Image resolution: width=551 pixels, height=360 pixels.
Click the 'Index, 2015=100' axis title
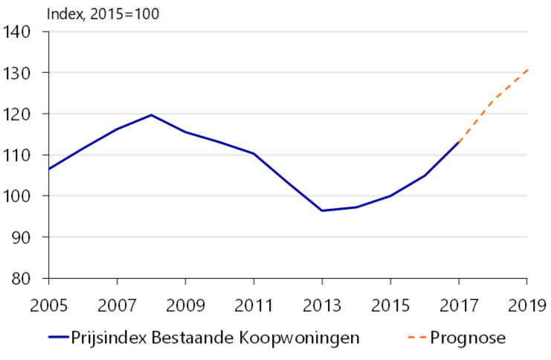tap(103, 13)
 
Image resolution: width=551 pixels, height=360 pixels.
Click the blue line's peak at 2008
tap(151, 115)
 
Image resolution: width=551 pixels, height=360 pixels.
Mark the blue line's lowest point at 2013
tap(322, 210)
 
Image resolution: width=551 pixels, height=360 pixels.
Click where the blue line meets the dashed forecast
tap(459, 141)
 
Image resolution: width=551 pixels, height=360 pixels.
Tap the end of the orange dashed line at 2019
tap(527, 69)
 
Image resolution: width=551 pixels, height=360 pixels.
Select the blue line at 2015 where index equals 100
tap(390, 196)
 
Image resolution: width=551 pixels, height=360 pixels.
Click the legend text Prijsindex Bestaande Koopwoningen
tap(216, 338)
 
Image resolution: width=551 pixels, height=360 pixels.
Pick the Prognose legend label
tap(468, 338)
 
